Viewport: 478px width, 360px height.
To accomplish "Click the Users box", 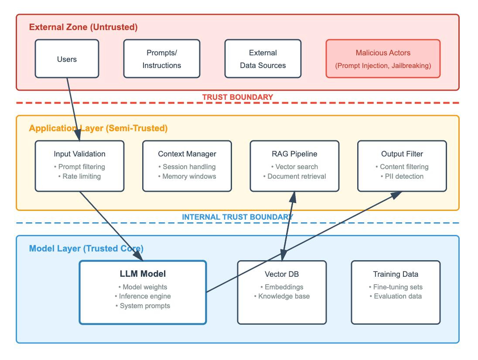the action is point(67,59).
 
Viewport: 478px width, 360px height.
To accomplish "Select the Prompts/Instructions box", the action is point(161,59).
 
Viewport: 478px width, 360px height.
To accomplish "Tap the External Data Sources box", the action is point(263,59).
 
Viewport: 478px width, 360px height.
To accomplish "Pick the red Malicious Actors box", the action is point(383,59).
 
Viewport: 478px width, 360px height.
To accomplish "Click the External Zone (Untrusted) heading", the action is point(83,27).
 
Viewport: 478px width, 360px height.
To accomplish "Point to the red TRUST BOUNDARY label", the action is point(238,97).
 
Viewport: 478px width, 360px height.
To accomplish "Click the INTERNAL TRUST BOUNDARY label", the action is point(238,217).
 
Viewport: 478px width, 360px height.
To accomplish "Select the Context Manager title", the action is point(187,154).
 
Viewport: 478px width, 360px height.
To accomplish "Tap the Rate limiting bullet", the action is point(79,177).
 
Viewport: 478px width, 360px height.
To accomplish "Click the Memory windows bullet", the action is point(187,177).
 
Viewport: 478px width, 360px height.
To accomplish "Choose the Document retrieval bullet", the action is point(294,177).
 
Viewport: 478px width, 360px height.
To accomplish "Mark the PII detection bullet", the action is point(402,177).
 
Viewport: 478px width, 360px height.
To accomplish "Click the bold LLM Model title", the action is point(143,274).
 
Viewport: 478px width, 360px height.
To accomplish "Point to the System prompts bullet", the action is point(143,306).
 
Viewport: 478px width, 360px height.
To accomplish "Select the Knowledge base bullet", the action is point(282,296).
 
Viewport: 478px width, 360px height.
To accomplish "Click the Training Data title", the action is point(396,274).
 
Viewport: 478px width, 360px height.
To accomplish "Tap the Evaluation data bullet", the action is point(396,296).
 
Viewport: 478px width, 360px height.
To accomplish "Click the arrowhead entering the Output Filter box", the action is point(396,195).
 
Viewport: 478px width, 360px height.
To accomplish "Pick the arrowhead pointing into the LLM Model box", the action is point(139,256).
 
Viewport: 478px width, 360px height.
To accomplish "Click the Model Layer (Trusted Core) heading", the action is point(86,248).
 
